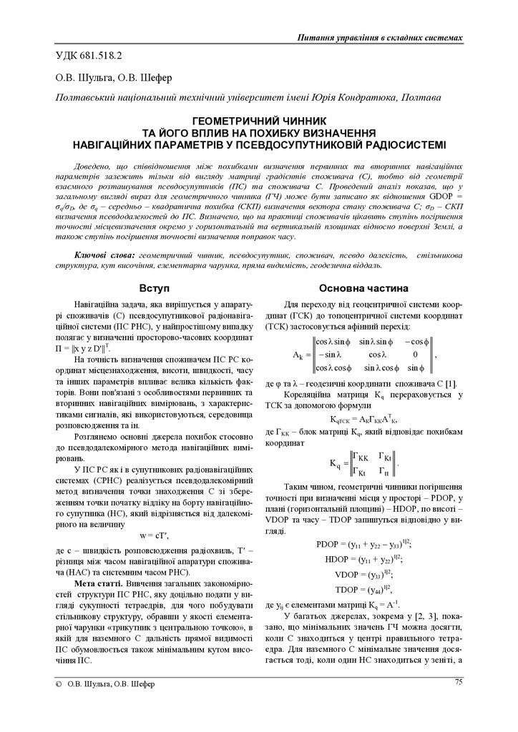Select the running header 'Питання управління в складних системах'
[x=378, y=37]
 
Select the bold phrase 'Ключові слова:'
[x=103, y=255]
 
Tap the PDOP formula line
[x=363, y=544]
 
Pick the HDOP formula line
[x=363, y=558]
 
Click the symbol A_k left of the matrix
[x=300, y=355]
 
